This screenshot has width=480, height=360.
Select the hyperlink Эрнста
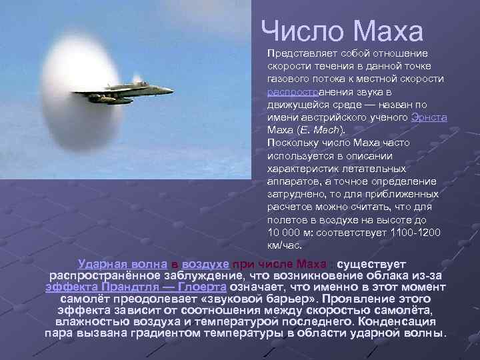pos(429,117)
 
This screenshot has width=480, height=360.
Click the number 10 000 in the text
pos(284,232)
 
